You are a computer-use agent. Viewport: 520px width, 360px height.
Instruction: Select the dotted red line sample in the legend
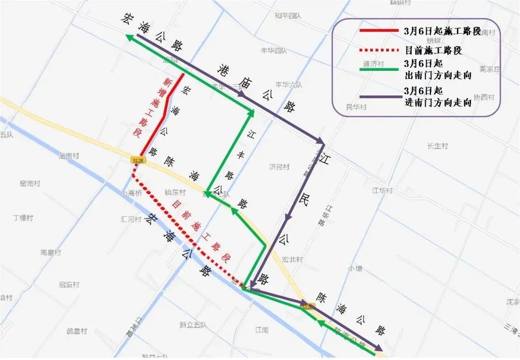pos(379,50)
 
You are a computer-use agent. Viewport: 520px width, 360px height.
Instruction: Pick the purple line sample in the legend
pos(379,97)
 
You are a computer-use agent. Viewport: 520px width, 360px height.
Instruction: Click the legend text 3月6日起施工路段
pos(442,31)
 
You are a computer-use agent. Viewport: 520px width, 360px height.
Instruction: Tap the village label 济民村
pos(279,167)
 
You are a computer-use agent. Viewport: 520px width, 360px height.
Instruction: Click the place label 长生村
pos(437,146)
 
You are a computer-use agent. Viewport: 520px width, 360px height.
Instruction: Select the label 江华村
pos(382,190)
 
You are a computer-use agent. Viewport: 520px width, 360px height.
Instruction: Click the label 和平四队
pos(287,16)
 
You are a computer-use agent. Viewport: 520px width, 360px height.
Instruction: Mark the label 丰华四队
pos(273,50)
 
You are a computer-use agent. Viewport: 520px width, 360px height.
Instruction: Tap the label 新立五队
pos(193,325)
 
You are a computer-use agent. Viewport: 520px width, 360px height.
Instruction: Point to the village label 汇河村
pos(131,219)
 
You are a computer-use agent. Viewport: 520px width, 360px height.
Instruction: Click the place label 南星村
pos(51,253)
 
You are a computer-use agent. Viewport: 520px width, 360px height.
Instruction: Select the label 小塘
pos(355,268)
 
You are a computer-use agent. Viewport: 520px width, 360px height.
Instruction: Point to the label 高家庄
pos(490,69)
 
